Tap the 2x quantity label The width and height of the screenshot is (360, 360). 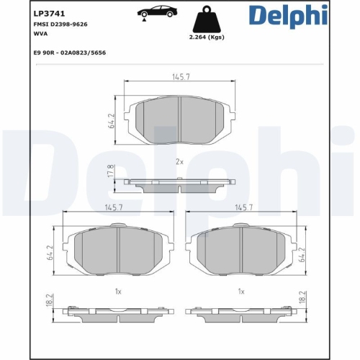(180, 162)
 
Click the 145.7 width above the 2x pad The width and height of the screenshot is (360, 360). (179, 76)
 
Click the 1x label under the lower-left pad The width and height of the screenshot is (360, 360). (118, 291)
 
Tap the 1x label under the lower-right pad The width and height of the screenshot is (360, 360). (241, 291)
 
